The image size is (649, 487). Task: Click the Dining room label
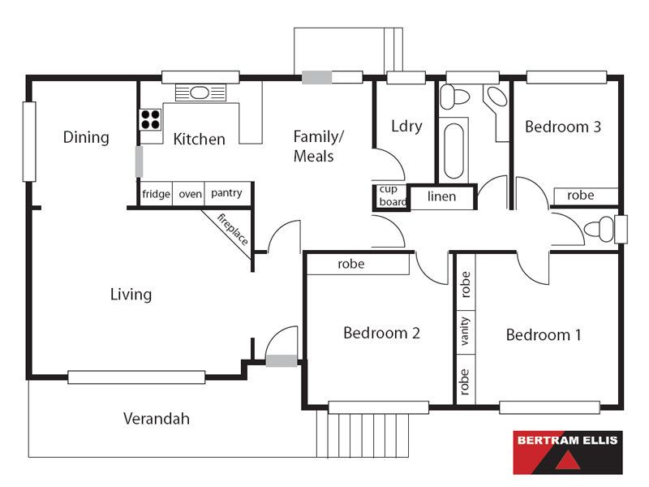[x=86, y=137]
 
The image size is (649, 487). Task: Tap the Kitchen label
[x=199, y=139]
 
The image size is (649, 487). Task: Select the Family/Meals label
[x=318, y=146]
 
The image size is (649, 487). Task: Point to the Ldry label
[x=407, y=126]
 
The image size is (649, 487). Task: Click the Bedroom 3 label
[x=563, y=127]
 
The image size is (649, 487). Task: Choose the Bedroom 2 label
[x=381, y=333]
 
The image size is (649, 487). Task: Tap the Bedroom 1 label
[x=544, y=334]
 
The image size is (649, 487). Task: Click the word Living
[x=131, y=295]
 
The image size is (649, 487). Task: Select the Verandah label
[x=157, y=419]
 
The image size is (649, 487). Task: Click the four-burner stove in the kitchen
[x=150, y=119]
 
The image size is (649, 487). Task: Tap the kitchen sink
[x=200, y=93]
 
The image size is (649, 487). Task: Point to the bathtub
[x=453, y=151]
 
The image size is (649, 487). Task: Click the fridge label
[x=156, y=194]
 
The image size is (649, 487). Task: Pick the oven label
[x=191, y=194]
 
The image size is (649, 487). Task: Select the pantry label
[x=226, y=193]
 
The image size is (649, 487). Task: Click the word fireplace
[x=233, y=229]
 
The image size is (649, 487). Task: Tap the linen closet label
[x=441, y=196]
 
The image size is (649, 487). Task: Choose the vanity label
[x=465, y=331]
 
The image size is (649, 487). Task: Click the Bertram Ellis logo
[x=568, y=452]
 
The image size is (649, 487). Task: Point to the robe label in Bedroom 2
[x=351, y=265]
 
